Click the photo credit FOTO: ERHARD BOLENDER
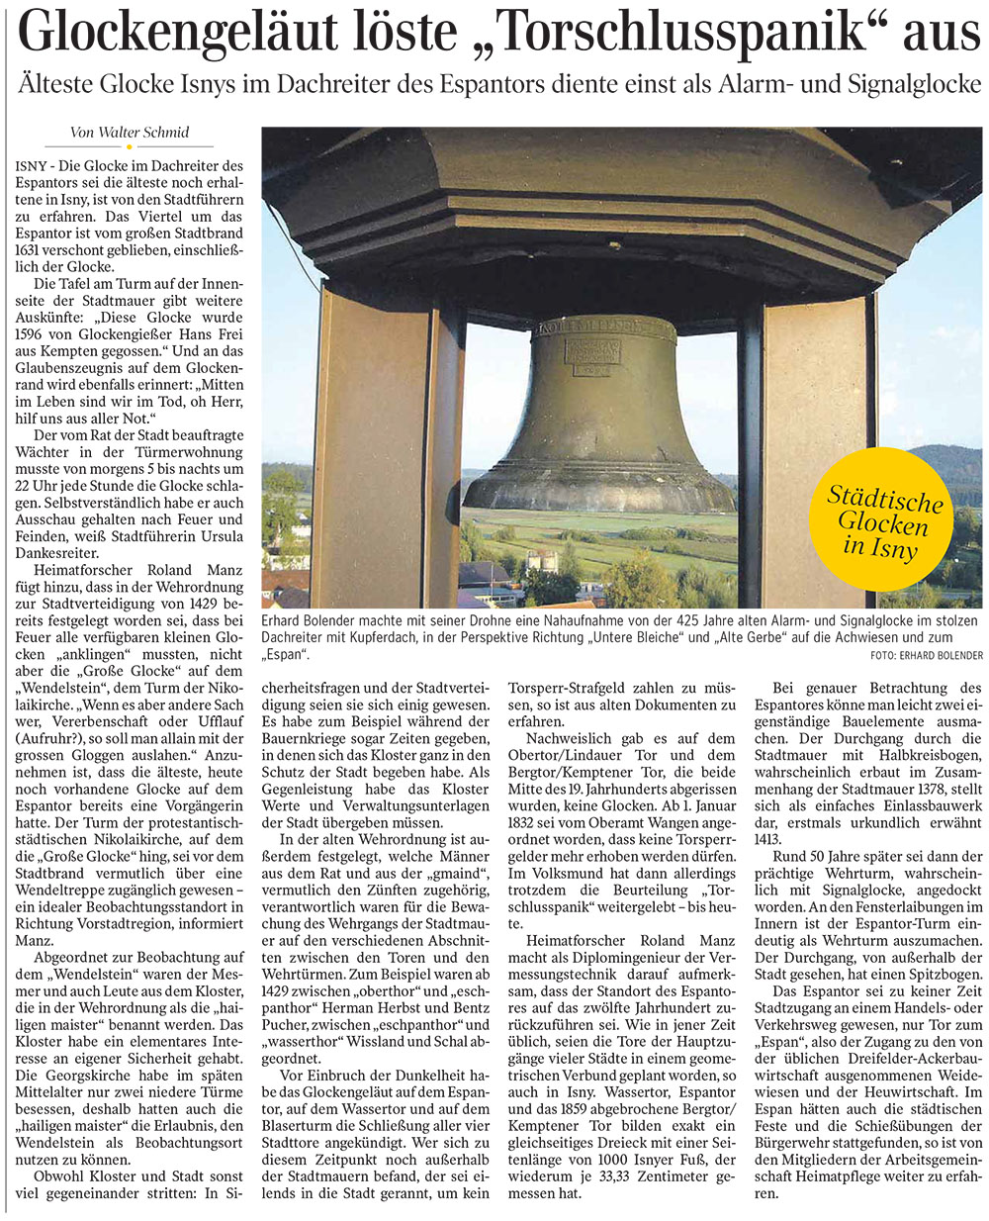pyautogui.click(x=927, y=655)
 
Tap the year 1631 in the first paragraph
pyautogui.click(x=33, y=249)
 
